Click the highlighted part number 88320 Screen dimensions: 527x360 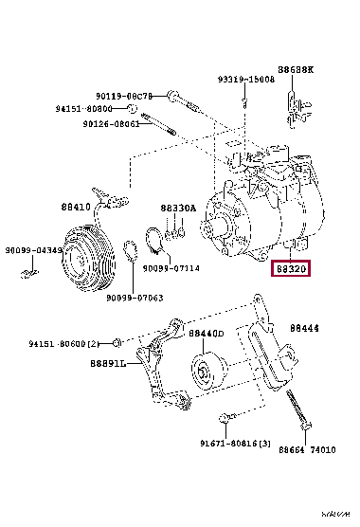pos(292,269)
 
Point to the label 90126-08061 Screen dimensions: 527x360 pos(111,123)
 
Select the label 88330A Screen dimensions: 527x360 pos(177,207)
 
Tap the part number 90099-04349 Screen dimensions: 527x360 pos(31,250)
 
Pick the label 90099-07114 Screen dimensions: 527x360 pos(171,267)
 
